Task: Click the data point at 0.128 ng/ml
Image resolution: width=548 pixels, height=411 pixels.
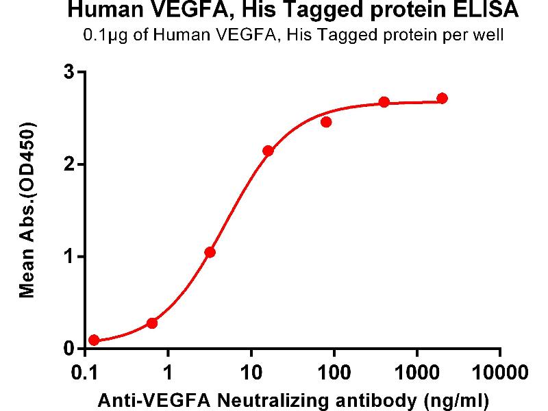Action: (94, 340)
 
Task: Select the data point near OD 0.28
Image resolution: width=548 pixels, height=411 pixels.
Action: (152, 323)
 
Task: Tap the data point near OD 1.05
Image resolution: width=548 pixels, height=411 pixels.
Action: (210, 252)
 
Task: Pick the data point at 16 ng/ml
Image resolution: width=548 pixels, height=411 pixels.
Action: (268, 151)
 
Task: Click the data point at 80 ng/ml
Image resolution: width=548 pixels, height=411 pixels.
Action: (326, 122)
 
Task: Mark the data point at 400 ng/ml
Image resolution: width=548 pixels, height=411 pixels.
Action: (384, 102)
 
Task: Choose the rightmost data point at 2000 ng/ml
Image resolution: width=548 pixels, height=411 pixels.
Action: (442, 99)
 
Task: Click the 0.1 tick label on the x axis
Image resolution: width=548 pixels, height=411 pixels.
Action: (85, 373)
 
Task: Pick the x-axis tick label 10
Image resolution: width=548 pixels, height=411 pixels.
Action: (251, 373)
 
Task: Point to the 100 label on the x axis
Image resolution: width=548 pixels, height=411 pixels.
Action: (334, 373)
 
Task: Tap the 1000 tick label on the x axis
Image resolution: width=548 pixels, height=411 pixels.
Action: (417, 373)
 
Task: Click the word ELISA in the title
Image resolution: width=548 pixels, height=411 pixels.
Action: (487, 12)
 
